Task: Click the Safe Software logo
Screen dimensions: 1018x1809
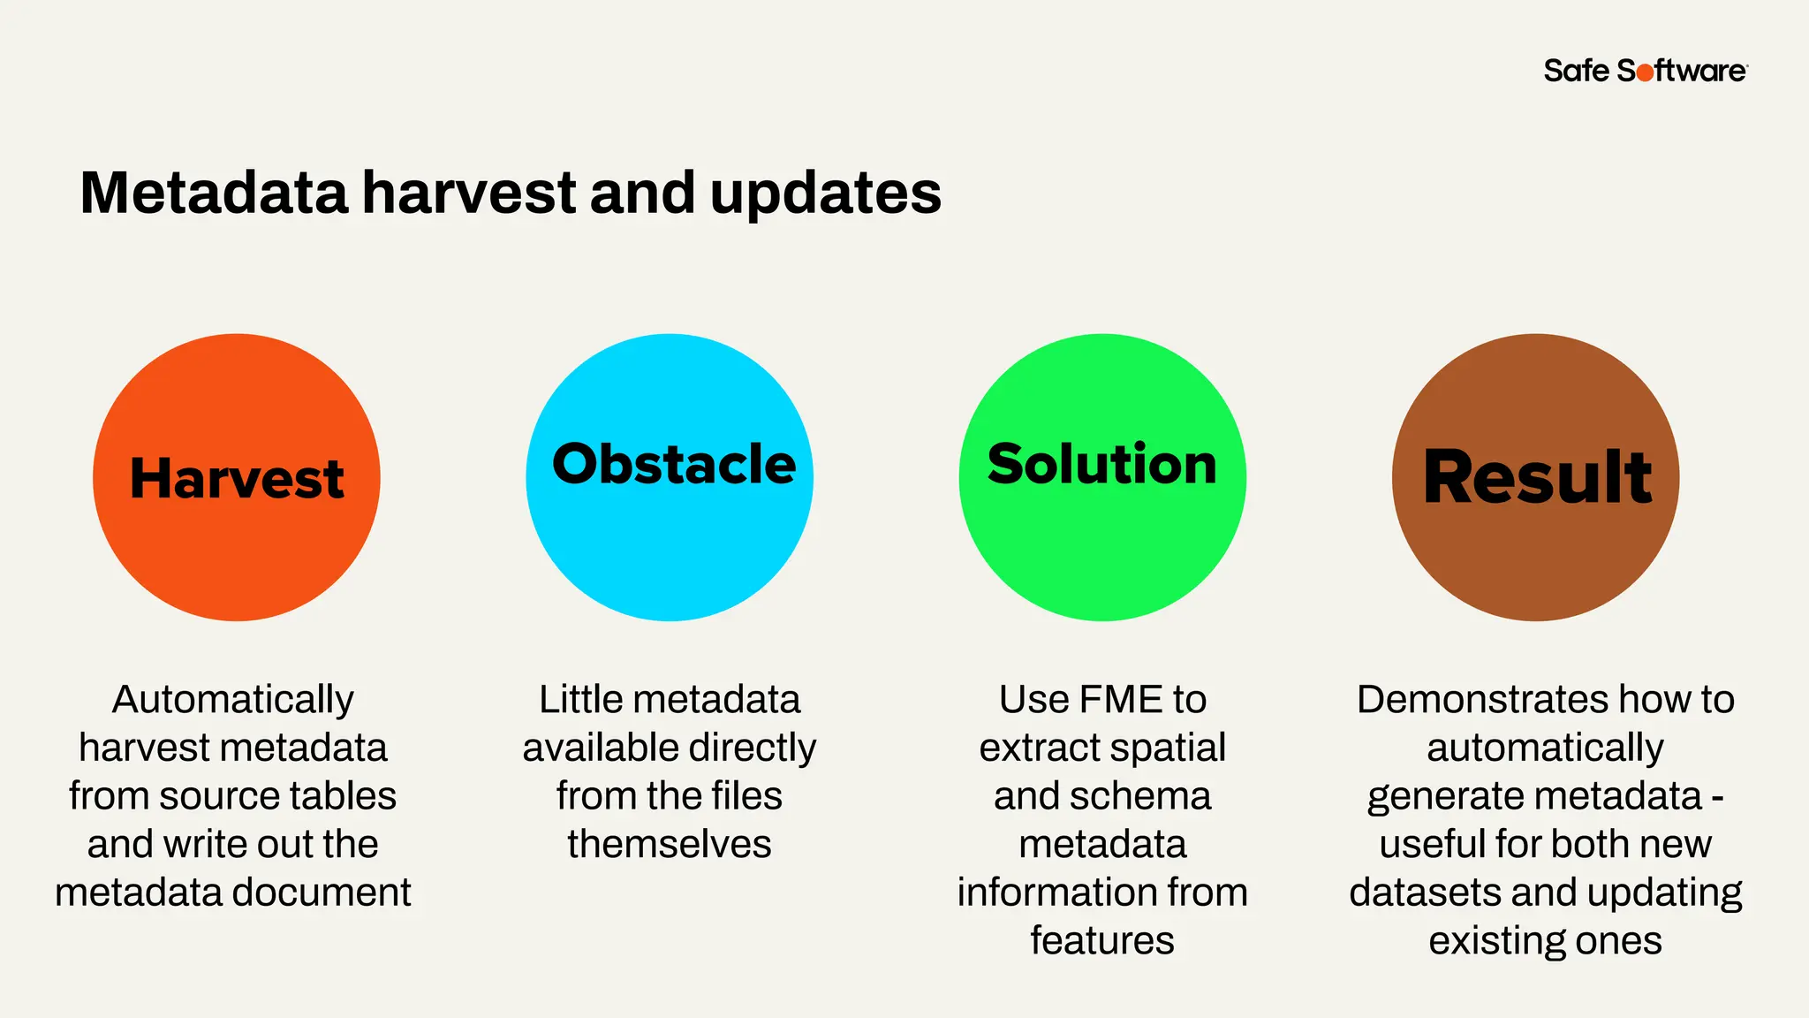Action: pos(1645,71)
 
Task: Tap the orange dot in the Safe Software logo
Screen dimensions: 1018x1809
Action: pos(1645,72)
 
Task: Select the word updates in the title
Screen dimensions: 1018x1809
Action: pos(825,194)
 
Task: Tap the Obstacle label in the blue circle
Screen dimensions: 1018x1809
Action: pos(673,464)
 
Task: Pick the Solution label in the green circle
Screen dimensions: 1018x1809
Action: pos(1101,464)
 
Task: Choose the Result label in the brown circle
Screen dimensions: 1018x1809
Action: pos(1537,477)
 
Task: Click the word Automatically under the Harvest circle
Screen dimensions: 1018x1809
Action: pos(233,700)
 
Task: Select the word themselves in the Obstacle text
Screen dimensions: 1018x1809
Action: pos(670,845)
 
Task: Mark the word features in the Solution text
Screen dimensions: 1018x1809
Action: pos(1102,941)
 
